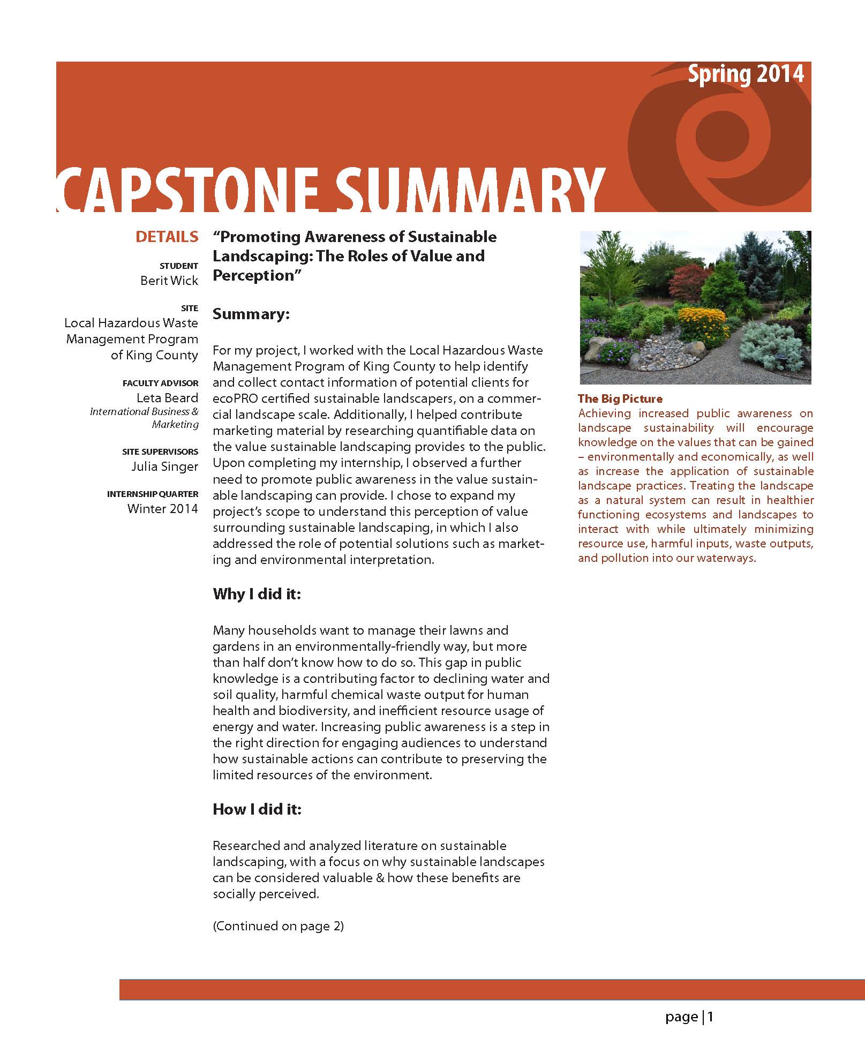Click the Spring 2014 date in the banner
[745, 74]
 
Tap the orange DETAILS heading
[167, 237]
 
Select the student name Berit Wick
[169, 281]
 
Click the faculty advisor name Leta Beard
[167, 398]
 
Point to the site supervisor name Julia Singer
[165, 466]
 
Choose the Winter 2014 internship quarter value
[163, 509]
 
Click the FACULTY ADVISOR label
[160, 383]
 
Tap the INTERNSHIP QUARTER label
[153, 494]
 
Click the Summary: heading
[251, 314]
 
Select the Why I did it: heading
[257, 594]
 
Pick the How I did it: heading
[257, 809]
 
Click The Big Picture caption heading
[620, 399]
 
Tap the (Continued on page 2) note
[278, 926]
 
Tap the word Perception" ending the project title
[254, 275]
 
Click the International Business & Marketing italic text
[145, 418]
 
